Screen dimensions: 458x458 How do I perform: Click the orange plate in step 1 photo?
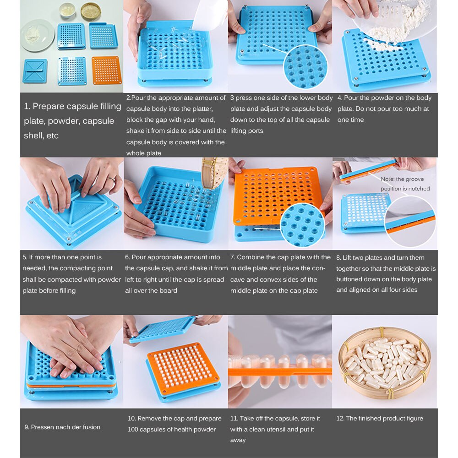point(106,70)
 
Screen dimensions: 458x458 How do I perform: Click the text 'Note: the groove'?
point(402,179)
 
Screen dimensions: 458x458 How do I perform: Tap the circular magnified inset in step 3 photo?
point(305,66)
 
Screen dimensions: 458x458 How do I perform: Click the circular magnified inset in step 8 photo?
point(410,221)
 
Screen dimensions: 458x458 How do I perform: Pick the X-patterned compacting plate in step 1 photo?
point(35,71)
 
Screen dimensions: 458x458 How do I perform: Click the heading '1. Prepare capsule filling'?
point(72,106)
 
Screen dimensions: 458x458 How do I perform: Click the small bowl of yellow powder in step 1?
point(91,11)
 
